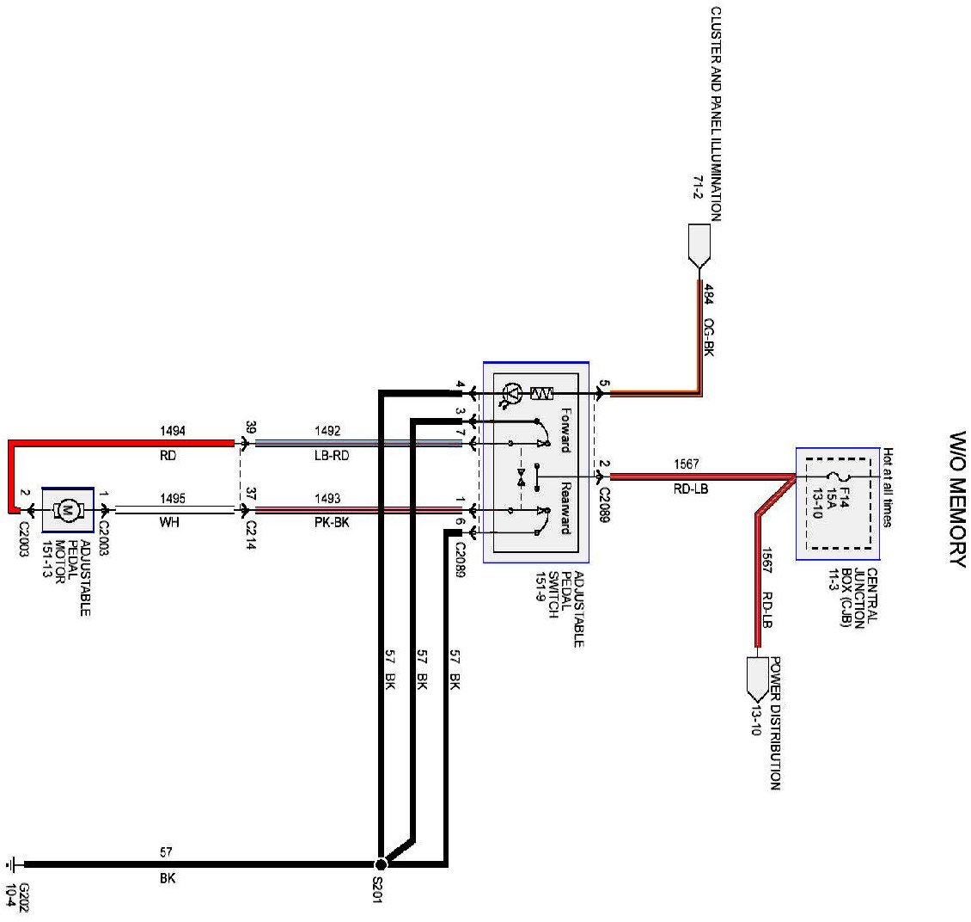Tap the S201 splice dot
381,863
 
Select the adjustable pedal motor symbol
66,510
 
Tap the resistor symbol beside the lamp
542,394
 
